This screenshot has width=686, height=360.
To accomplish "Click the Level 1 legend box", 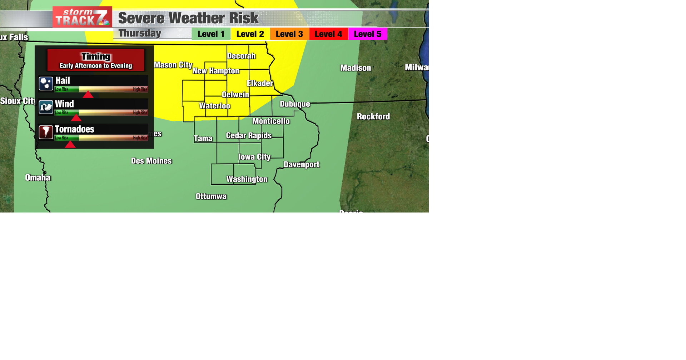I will (x=211, y=34).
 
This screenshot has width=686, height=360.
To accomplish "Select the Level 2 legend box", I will (x=250, y=34).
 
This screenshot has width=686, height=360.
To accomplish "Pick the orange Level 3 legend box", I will (x=289, y=34).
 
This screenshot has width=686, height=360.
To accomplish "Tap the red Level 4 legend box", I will (x=328, y=34).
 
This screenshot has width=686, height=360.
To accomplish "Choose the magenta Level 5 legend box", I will (x=368, y=34).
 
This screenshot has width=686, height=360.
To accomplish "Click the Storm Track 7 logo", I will (x=82, y=17).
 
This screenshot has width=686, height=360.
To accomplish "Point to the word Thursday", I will (x=140, y=33).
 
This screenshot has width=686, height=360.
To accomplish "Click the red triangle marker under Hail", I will (x=88, y=94).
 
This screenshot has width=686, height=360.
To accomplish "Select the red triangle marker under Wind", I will (x=76, y=118).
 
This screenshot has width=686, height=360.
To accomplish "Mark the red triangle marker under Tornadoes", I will (x=70, y=144).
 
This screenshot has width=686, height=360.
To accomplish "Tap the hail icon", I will (x=46, y=84).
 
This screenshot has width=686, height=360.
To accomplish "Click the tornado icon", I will (x=46, y=132).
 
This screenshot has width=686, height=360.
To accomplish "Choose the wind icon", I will (x=46, y=107).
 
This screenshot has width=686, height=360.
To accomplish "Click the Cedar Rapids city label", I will (x=249, y=136).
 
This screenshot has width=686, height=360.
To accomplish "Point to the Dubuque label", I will (x=295, y=104).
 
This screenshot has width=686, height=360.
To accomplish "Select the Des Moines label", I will (x=151, y=161).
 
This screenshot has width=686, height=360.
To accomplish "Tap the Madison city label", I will (x=356, y=68).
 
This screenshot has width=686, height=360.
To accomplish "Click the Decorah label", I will (x=241, y=56).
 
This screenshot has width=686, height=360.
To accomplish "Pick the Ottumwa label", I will (x=211, y=196).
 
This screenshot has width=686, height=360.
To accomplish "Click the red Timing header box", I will (x=96, y=60).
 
